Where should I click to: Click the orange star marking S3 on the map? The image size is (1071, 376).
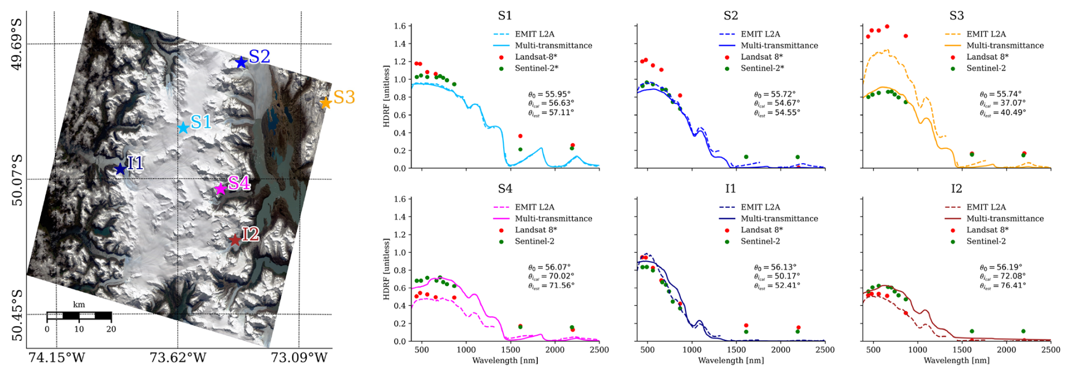click(x=325, y=102)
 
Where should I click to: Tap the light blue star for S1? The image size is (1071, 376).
click(x=183, y=128)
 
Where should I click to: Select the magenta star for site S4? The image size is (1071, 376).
click(x=220, y=189)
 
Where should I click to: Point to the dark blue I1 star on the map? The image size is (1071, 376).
click(x=120, y=169)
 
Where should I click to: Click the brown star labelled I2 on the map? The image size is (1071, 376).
click(x=235, y=240)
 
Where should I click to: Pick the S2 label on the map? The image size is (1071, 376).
click(x=260, y=57)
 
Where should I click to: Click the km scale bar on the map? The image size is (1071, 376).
click(x=79, y=315)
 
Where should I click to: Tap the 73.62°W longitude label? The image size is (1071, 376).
click(x=177, y=358)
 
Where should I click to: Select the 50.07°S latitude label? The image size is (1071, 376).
click(x=18, y=180)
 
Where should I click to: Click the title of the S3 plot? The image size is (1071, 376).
click(x=956, y=15)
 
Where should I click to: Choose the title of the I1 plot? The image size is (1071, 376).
click(x=730, y=189)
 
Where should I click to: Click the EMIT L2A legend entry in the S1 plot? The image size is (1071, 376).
click(x=534, y=34)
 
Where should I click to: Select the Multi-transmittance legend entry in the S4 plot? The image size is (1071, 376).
click(x=553, y=219)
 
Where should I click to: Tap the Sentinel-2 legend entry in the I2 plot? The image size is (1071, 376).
click(x=986, y=241)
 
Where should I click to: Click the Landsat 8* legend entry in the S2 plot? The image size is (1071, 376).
click(x=761, y=57)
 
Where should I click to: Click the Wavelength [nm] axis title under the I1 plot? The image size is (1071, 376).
click(x=730, y=360)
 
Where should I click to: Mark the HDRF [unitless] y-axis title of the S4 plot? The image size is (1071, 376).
click(x=387, y=269)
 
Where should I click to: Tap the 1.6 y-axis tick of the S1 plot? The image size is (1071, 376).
click(x=400, y=26)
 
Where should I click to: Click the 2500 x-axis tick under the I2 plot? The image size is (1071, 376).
click(x=1050, y=350)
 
